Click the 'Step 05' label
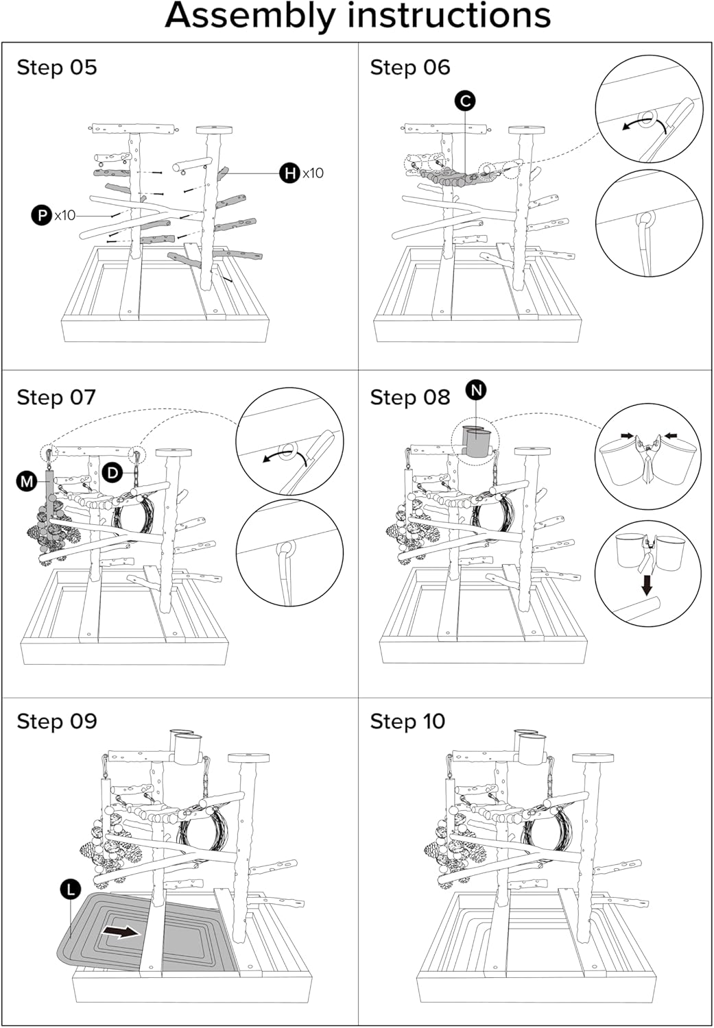(57, 67)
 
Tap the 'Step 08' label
(409, 397)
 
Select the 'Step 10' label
(407, 721)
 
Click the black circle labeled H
(290, 173)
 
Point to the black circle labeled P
(42, 215)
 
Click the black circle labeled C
(465, 101)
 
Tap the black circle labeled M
(27, 482)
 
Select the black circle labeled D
(112, 472)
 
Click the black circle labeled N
(476, 390)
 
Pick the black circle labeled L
(70, 890)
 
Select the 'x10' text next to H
(313, 173)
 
